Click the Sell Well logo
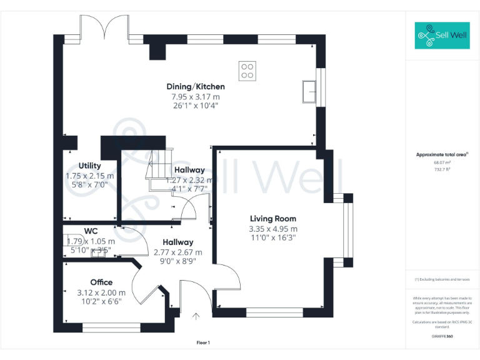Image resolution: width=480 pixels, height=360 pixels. click(x=442, y=36)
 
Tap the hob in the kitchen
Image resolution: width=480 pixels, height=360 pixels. click(x=247, y=69)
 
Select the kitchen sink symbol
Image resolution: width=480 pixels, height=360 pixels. click(x=309, y=91)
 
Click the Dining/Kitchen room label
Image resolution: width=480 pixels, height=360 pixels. click(x=196, y=86)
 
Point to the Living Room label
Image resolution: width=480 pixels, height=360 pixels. click(x=273, y=219)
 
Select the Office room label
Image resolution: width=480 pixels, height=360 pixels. click(x=101, y=282)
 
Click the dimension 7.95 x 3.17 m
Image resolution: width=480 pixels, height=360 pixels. click(x=196, y=97)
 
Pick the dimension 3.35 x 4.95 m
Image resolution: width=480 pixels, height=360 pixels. click(x=273, y=229)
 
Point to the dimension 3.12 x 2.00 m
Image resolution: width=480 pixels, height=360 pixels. click(x=101, y=292)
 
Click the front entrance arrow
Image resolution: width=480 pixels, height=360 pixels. click(x=196, y=316)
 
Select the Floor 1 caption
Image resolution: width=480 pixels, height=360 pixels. click(x=203, y=342)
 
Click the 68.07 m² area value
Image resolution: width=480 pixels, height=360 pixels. click(x=442, y=162)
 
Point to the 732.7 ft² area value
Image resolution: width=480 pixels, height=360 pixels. click(x=442, y=169)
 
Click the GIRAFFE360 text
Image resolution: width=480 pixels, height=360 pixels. click(x=442, y=337)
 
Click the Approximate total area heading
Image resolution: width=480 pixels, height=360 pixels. click(x=442, y=154)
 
